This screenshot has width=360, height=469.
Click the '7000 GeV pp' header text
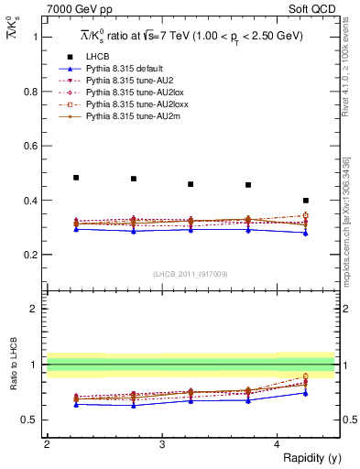pyautogui.click(x=73, y=10)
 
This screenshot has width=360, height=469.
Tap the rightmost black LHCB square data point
pyautogui.click(x=306, y=201)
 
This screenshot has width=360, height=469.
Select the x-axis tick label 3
pyautogui.click(x=162, y=444)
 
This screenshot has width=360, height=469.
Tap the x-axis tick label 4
pyautogui.click(x=278, y=444)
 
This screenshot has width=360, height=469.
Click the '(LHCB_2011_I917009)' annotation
pyautogui.click(x=191, y=274)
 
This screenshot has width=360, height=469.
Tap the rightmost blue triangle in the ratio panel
pyautogui.click(x=306, y=393)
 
